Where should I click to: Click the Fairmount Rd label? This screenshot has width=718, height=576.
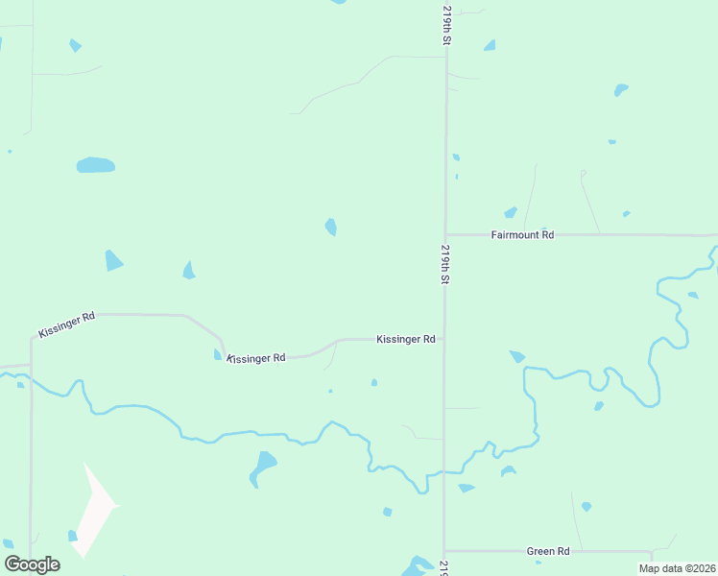pos(522,234)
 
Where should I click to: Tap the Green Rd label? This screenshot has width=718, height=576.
pos(548,551)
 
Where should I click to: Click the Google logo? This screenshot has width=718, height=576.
pos(32,564)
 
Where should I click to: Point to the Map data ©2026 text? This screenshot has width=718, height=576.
pos(676,568)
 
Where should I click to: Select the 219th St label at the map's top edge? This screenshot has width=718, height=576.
pos(446,24)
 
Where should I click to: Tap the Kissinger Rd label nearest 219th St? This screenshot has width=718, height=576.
pos(406,339)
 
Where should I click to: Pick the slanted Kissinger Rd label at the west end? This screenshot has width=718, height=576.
pos(67,324)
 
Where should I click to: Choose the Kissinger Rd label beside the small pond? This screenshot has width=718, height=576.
pos(256,358)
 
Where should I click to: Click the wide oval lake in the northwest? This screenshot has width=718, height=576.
pos(95,165)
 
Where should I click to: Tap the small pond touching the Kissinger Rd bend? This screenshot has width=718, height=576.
pos(218,354)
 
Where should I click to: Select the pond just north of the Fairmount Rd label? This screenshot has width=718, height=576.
pos(511,213)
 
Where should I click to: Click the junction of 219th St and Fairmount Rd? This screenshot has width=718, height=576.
pos(445,234)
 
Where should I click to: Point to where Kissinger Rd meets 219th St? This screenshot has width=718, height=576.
pos(444,339)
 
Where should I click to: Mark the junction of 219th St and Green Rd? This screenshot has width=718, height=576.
pos(444,551)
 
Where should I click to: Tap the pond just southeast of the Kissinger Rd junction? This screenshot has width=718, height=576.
pos(517,356)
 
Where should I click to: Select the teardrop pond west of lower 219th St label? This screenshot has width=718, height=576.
pos(330,227)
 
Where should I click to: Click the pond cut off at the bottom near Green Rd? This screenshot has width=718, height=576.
pos(419,566)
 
